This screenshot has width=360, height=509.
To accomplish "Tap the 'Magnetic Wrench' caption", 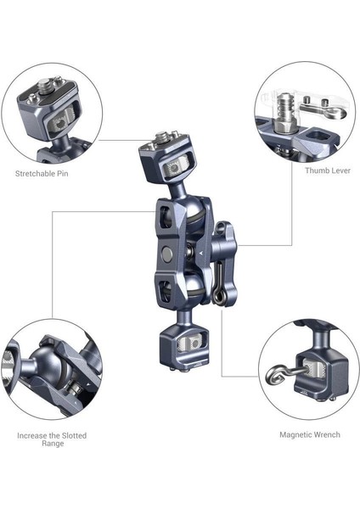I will (x=310, y=434).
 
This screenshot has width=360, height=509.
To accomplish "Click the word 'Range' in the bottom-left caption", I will (x=52, y=444).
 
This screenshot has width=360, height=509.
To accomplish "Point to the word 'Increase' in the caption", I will (x=32, y=435).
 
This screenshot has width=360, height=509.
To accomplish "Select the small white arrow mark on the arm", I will (x=200, y=253).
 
